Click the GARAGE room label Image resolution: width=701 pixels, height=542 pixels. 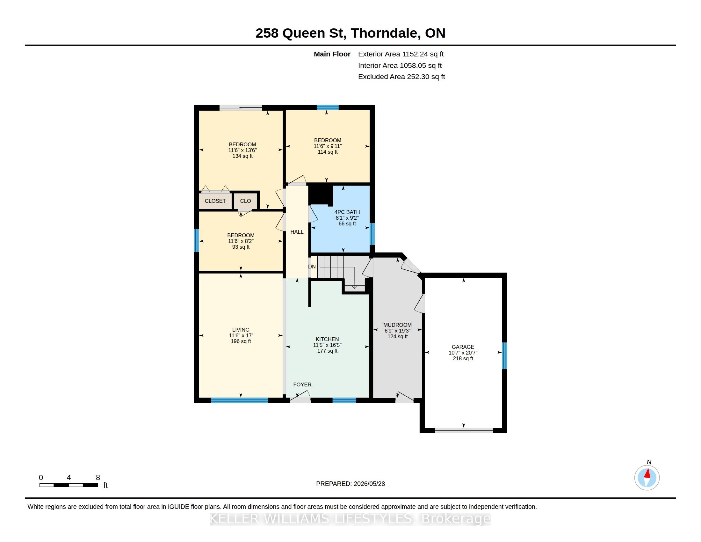[x=463, y=347]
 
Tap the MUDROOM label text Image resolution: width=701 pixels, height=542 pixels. [x=397, y=325]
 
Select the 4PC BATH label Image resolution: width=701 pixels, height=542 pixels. [x=347, y=212]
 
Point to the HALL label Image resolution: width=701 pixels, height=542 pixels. [x=297, y=232]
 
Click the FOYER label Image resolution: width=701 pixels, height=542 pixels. [x=302, y=385]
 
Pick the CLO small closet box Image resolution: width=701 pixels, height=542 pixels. [x=246, y=201]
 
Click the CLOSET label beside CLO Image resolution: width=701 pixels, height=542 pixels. [x=215, y=201]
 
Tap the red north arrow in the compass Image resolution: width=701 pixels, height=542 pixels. [x=648, y=473]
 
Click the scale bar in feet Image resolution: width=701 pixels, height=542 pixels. [x=69, y=485]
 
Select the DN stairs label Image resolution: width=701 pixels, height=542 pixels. [x=312, y=267]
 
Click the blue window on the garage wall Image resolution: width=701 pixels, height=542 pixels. [x=504, y=356]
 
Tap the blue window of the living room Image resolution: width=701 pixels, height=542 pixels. [x=239, y=400]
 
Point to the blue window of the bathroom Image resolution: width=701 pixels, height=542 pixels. [x=372, y=234]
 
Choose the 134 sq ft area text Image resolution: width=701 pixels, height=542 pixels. [x=242, y=156]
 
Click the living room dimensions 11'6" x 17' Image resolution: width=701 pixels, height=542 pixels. [x=241, y=335]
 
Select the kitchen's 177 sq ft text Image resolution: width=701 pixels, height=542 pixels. [x=327, y=351]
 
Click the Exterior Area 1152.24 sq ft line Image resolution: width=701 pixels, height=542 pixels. [x=401, y=54]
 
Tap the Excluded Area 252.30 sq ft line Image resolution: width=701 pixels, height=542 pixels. [x=401, y=77]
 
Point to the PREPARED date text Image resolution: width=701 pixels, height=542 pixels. [x=350, y=484]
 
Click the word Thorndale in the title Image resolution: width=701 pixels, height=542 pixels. [x=386, y=33]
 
